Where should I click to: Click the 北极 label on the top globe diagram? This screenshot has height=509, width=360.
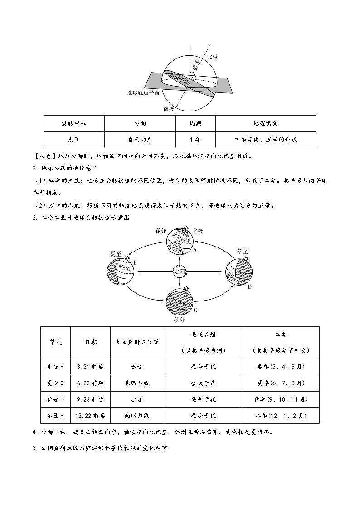(212, 57)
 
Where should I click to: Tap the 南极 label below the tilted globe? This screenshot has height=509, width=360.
(169, 109)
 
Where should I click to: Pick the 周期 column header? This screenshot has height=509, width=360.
(195, 123)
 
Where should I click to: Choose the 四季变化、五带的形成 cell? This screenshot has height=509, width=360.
(266, 140)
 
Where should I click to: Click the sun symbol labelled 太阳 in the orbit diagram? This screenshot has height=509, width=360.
(180, 271)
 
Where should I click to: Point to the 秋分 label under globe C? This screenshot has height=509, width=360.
(180, 320)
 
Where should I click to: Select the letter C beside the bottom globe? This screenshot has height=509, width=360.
(195, 310)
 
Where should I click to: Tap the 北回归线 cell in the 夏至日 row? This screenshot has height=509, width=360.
(137, 383)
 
